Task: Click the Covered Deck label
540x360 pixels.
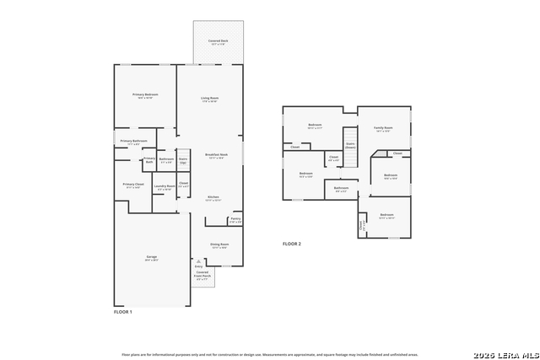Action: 218,41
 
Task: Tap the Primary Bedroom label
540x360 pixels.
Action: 145,95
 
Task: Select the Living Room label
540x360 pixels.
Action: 209,99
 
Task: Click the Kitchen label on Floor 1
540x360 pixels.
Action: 213,197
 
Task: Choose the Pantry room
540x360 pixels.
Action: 235,219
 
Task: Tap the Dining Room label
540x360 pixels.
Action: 219,245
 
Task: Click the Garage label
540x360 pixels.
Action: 152,258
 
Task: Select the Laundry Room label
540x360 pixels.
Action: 165,186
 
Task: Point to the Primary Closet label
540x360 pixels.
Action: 133,185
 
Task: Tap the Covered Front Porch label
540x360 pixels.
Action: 202,275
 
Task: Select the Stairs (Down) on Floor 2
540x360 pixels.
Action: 350,144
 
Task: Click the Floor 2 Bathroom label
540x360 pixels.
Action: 341,189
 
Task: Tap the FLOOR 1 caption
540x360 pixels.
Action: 123,312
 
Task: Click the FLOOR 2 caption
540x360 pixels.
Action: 292,244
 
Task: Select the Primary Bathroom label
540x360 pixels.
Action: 133,142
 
